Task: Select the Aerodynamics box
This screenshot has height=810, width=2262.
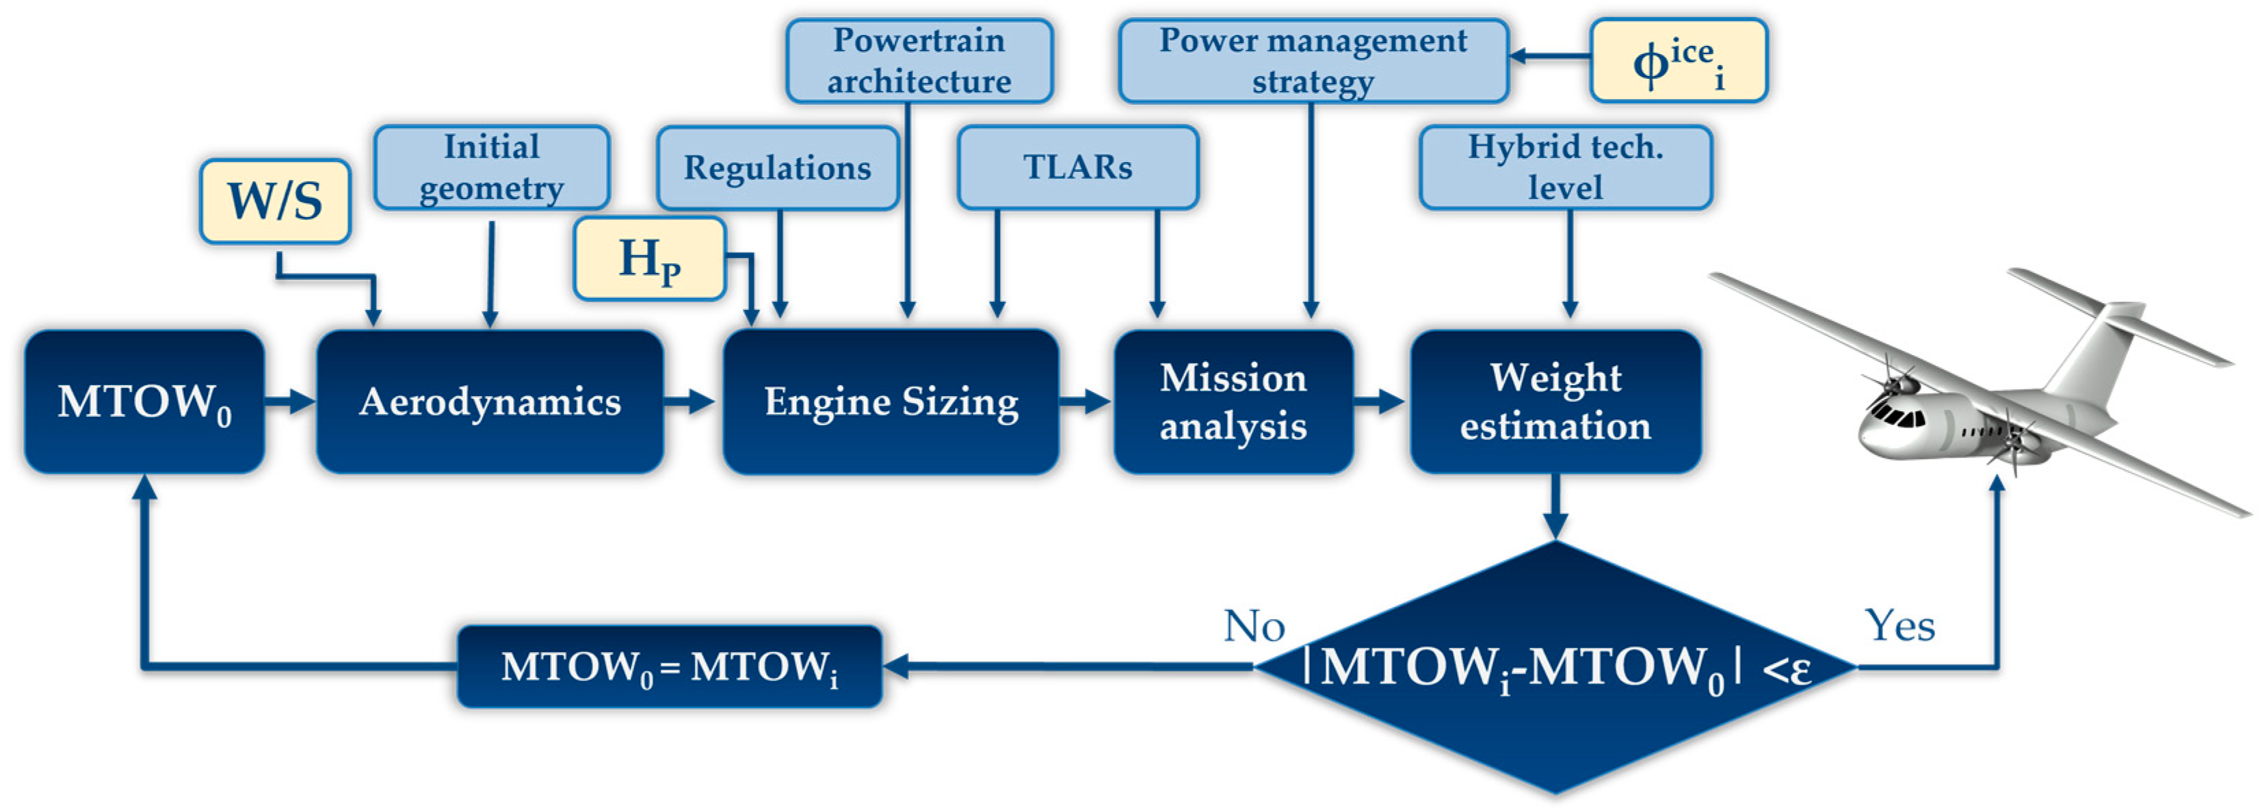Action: tap(489, 402)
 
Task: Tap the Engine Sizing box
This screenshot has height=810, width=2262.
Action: tap(891, 402)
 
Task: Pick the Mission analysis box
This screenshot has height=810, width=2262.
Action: tap(1233, 402)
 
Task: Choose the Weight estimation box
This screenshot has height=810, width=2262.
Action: tap(1555, 402)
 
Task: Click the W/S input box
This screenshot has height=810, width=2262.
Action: tap(275, 201)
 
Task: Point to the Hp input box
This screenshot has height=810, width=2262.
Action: tap(649, 259)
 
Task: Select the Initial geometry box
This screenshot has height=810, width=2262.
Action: tap(492, 167)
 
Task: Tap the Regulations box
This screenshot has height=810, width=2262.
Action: tap(777, 167)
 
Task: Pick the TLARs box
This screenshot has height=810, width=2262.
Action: tap(1077, 167)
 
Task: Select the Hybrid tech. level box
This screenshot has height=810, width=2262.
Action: tap(1565, 167)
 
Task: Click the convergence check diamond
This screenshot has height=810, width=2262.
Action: tap(1555, 668)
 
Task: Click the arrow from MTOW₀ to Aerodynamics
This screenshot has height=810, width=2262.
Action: tap(290, 402)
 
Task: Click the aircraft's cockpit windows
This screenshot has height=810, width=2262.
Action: tap(1897, 415)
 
